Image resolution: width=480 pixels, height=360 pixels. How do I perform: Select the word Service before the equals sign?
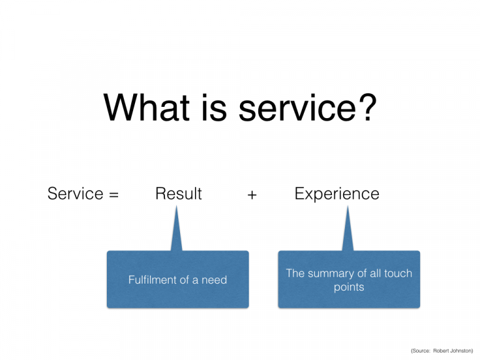[x=76, y=194]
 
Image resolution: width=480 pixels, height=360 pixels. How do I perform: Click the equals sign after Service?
[x=114, y=194]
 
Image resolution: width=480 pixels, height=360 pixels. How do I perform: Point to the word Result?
[x=179, y=194]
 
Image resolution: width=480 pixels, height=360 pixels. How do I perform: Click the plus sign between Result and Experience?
[x=251, y=194]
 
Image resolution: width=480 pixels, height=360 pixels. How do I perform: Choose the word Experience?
[x=337, y=194]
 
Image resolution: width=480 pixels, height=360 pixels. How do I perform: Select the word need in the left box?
[x=213, y=280]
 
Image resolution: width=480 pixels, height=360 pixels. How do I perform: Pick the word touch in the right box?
[x=398, y=273]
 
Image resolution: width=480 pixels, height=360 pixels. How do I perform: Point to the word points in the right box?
[x=349, y=287]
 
